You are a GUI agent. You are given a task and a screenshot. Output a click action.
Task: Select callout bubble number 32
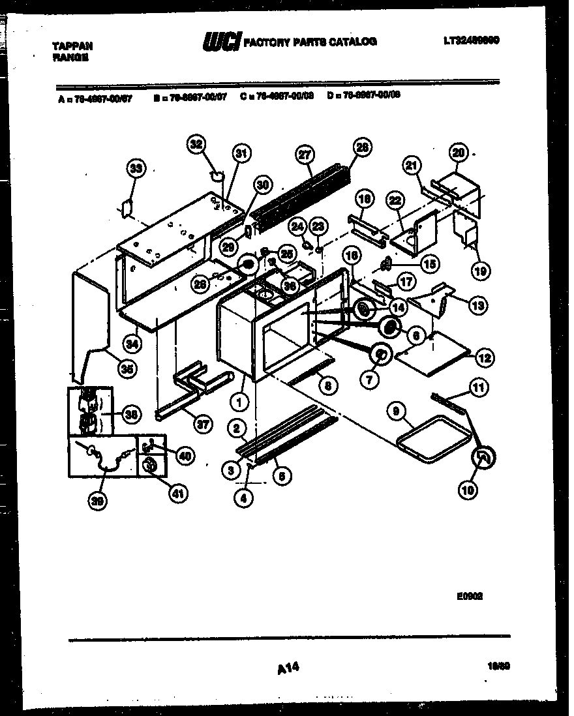click(196, 144)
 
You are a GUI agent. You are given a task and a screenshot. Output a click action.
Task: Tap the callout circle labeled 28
click(363, 147)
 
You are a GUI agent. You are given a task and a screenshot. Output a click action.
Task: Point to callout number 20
click(459, 153)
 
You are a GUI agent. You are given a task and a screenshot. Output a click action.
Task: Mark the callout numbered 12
click(485, 357)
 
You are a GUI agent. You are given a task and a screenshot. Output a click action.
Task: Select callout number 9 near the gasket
click(396, 411)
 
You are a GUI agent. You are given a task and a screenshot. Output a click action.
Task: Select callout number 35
click(128, 368)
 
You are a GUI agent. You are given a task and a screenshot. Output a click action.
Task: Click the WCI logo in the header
click(222, 42)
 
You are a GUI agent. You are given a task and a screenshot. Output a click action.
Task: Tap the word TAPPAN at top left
click(72, 46)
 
